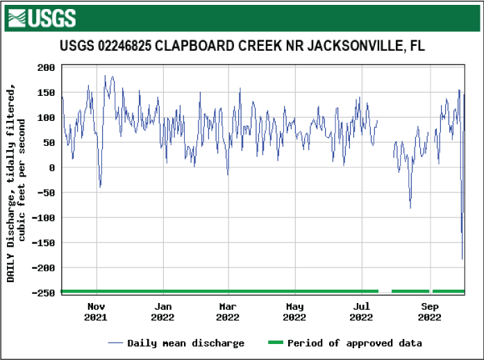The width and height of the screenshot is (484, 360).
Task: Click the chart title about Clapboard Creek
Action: pyautogui.click(x=242, y=47)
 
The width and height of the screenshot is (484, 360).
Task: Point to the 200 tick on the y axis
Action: pyautogui.click(x=47, y=67)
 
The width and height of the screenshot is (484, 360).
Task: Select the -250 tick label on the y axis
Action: pyautogui.click(x=44, y=293)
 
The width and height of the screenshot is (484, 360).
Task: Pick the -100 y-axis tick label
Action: pyautogui.click(x=44, y=218)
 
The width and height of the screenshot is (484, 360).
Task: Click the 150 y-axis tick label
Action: pyautogui.click(x=47, y=92)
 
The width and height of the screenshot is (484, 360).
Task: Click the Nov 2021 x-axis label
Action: pyautogui.click(x=96, y=312)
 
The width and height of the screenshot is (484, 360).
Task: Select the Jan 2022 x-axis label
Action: pyautogui.click(x=162, y=312)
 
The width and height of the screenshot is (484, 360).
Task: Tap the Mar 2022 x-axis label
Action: pyautogui.click(x=228, y=312)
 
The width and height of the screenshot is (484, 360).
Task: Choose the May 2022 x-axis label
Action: pyautogui.click(x=295, y=312)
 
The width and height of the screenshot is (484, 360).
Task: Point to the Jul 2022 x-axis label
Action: pyautogui.click(x=361, y=312)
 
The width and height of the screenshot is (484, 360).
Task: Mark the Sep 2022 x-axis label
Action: pyautogui.click(x=429, y=312)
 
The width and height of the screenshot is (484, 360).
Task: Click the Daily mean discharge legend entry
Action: pyautogui.click(x=176, y=343)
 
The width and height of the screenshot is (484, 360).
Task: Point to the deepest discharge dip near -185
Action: pyautogui.click(x=462, y=259)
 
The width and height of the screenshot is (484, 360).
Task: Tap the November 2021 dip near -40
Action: pyautogui.click(x=100, y=187)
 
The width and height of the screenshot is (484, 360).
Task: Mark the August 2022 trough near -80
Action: pyautogui.click(x=410, y=208)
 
